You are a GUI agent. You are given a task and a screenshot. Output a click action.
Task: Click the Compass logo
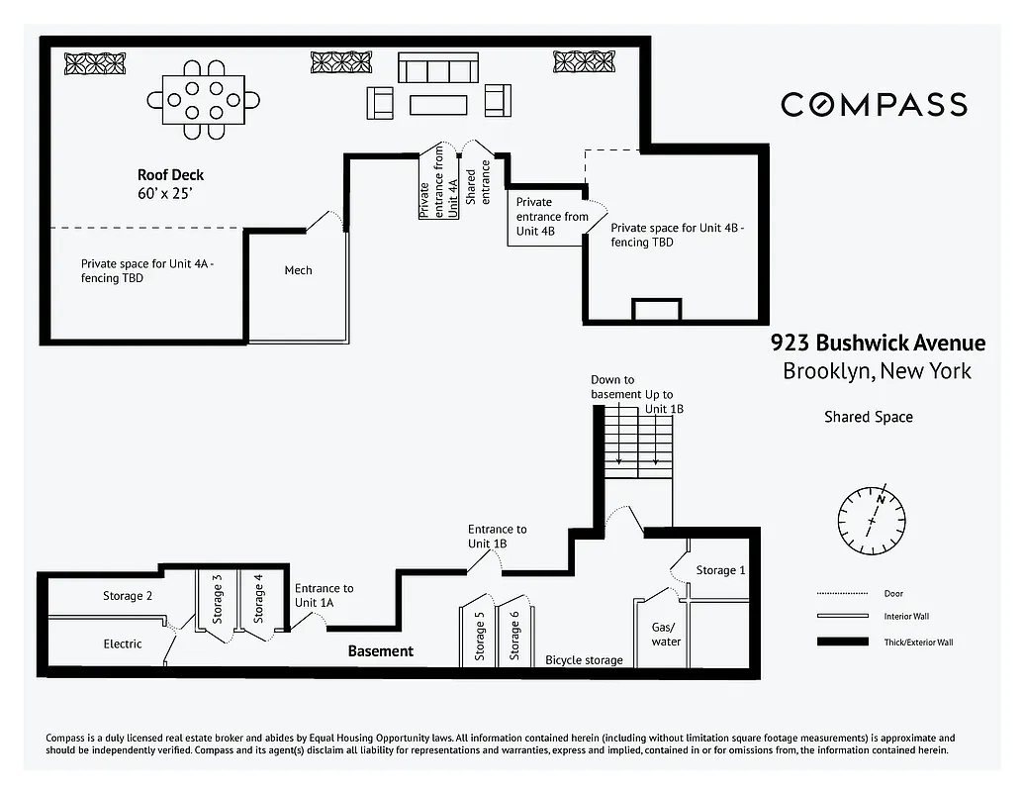point(874,104)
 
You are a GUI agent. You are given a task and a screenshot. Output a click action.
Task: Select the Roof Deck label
point(170,175)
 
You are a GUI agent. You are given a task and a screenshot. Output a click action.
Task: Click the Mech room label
point(298,270)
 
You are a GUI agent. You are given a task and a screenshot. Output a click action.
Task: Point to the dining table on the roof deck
point(204,100)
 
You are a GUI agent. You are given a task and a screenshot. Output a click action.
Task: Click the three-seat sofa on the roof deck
point(437,68)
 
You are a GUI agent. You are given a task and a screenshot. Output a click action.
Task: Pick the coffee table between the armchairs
point(437,104)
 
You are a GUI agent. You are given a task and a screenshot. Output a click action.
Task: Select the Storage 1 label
point(720,570)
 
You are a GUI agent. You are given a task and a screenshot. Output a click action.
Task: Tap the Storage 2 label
point(128,596)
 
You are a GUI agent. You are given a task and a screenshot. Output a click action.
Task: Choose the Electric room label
point(123,643)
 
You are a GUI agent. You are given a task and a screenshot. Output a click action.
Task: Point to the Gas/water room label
point(666,635)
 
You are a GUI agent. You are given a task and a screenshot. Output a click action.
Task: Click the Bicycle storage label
point(584,660)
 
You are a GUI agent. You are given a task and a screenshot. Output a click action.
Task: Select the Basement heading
point(380,650)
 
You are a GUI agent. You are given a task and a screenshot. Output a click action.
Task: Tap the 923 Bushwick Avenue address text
point(878,344)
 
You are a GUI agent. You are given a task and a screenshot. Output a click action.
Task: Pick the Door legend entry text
point(892,594)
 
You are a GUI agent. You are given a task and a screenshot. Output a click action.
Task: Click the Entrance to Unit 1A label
point(324,596)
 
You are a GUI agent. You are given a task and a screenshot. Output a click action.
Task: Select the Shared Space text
point(868,417)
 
